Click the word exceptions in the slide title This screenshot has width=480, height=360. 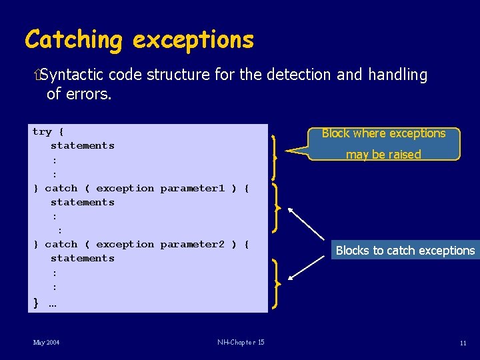click(193, 39)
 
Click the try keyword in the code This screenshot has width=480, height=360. click(42, 132)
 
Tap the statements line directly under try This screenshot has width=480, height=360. click(83, 145)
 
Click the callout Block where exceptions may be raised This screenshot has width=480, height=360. click(383, 144)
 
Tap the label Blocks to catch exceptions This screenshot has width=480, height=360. click(405, 251)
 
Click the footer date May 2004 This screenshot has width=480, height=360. click(46, 343)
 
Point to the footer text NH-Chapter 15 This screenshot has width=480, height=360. click(241, 343)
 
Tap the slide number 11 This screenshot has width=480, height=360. click(463, 343)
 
